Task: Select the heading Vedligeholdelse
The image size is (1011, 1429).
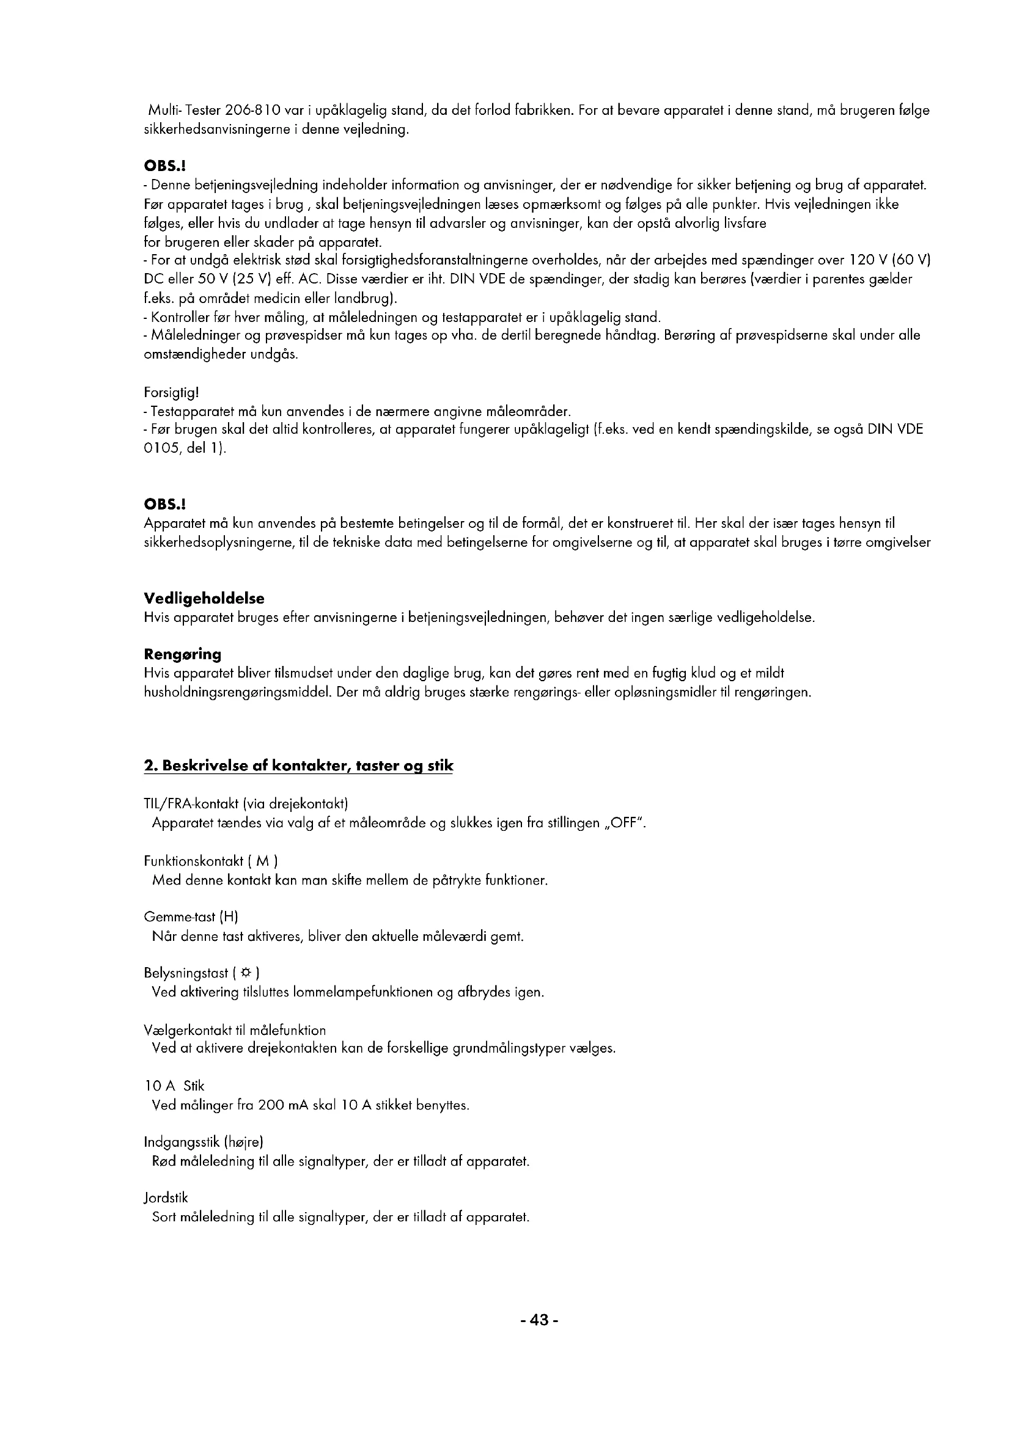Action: point(204,599)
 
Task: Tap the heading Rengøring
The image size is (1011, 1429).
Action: point(182,654)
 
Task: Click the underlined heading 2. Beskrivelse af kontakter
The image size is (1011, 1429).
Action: point(298,766)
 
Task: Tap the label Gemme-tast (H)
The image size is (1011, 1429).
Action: point(191,917)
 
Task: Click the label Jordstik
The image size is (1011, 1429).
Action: point(166,1198)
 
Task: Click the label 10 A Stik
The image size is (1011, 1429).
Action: point(174,1086)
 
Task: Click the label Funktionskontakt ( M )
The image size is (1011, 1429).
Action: point(210,861)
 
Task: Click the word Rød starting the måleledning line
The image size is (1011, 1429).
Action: point(164,1161)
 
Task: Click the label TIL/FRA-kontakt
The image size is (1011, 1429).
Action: point(194,804)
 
